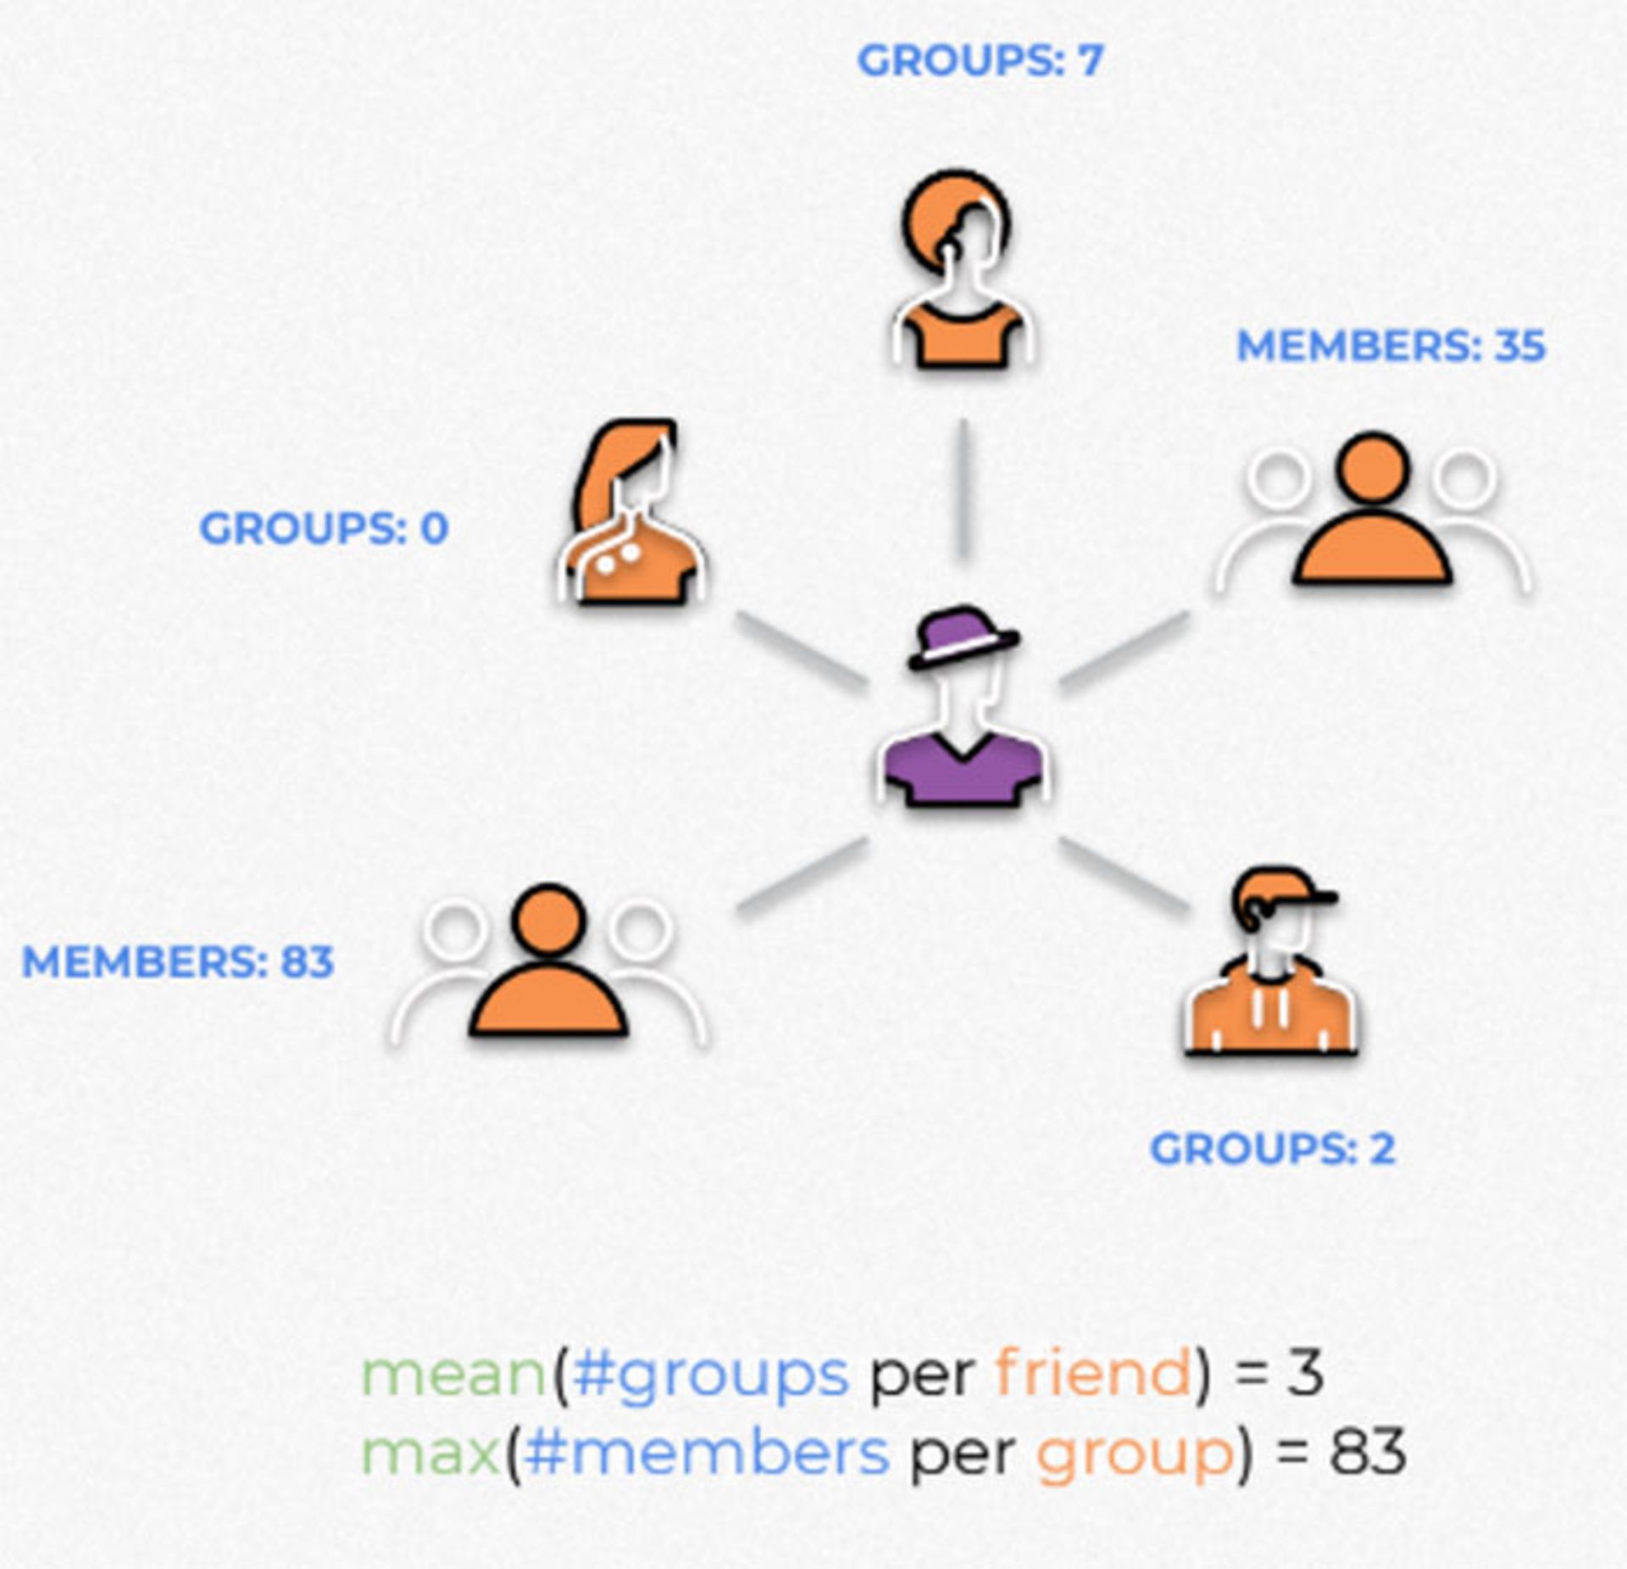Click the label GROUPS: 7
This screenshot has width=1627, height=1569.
point(980,61)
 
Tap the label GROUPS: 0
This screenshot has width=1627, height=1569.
point(323,528)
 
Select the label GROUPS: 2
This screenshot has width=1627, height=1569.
point(1272,1149)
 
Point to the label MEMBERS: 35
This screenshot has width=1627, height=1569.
point(1391,346)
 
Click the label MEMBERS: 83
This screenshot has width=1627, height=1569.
point(178,961)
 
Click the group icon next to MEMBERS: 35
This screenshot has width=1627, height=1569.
point(1373,513)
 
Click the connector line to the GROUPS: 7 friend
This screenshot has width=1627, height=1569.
point(963,489)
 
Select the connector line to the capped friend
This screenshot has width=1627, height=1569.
point(1124,876)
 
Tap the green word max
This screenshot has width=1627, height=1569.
point(430,1452)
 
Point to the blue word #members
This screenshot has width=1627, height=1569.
point(706,1452)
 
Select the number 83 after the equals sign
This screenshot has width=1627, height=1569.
point(1367,1452)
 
